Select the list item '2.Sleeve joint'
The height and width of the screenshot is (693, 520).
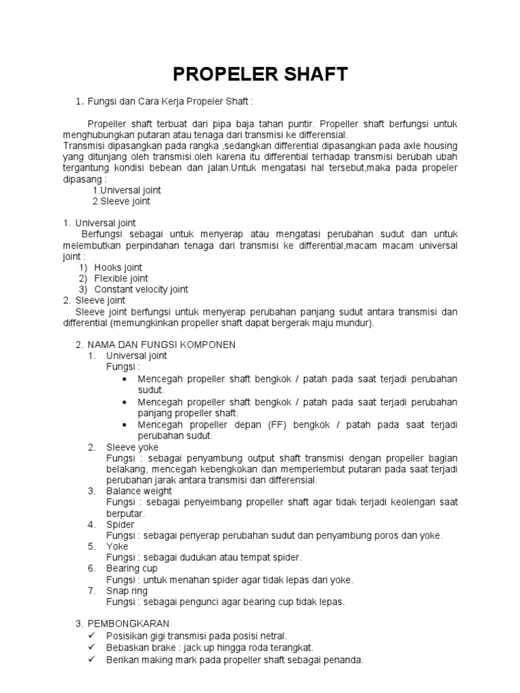pyautogui.click(x=121, y=201)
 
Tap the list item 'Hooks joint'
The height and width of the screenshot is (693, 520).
pyautogui.click(x=118, y=267)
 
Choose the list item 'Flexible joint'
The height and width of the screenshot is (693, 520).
pyautogui.click(x=121, y=278)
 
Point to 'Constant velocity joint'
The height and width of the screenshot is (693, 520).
pyautogui.click(x=141, y=289)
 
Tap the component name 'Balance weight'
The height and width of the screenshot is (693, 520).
pyautogui.click(x=139, y=491)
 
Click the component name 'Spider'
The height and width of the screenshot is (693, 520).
pyautogui.click(x=121, y=524)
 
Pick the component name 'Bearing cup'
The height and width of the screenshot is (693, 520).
pyautogui.click(x=132, y=568)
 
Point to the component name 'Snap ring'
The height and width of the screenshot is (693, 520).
pyautogui.click(x=127, y=591)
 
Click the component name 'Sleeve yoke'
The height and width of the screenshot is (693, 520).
pyautogui.click(x=133, y=447)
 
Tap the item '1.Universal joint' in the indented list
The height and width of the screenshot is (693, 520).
pyautogui.click(x=126, y=190)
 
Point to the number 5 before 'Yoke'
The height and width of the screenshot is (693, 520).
pyautogui.click(x=91, y=546)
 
